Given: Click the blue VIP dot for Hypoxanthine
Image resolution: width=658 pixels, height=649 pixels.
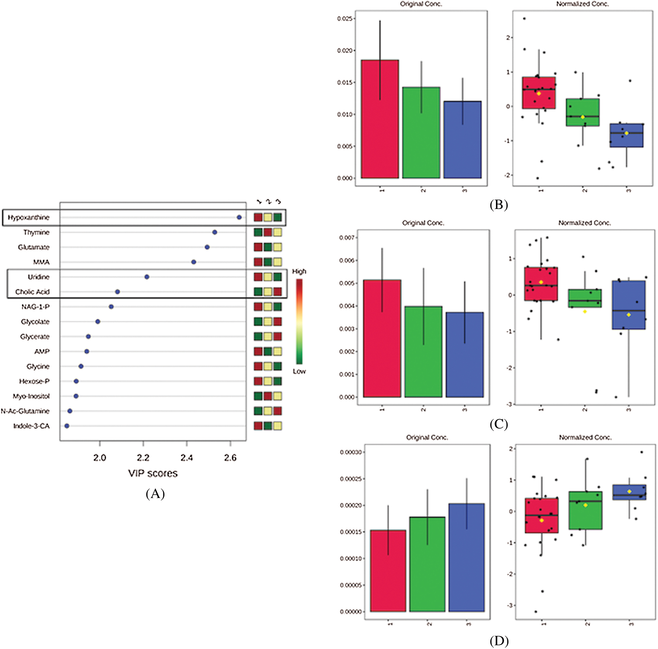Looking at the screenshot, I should click(x=239, y=217).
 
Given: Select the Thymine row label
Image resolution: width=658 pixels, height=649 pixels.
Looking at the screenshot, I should click(x=36, y=232).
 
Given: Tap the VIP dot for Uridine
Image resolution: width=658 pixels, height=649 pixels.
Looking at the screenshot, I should click(x=147, y=277).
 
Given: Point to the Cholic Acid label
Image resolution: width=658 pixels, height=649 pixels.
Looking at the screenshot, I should click(x=32, y=292).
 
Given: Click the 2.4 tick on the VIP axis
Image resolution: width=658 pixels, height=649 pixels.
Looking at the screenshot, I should click(x=187, y=458).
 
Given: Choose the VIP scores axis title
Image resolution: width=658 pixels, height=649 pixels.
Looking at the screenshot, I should click(x=153, y=473).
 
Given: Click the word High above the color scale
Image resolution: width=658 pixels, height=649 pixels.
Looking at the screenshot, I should click(x=299, y=271).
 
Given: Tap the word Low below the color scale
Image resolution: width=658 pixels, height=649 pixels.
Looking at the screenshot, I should click(x=299, y=371).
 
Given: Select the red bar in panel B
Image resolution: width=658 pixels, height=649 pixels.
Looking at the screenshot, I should click(x=380, y=119).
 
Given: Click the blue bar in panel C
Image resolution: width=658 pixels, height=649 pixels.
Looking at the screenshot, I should click(x=465, y=355).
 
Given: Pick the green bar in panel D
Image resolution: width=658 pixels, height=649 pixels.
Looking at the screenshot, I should click(x=427, y=564).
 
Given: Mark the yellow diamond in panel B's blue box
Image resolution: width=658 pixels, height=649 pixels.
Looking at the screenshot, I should click(x=627, y=133).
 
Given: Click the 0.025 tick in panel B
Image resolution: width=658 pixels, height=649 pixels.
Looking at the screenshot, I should click(x=345, y=18).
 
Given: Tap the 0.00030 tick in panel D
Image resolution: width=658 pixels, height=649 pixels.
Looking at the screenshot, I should click(x=350, y=452).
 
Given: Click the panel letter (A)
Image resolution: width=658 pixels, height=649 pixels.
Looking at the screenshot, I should click(x=155, y=494).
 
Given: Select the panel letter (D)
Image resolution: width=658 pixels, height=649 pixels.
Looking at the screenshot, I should click(x=499, y=641).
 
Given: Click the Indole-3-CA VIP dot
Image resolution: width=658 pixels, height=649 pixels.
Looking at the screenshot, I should click(x=67, y=426).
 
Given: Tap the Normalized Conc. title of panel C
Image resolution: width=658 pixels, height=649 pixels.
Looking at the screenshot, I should click(x=584, y=223).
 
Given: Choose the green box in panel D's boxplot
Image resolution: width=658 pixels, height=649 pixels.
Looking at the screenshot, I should click(x=585, y=510).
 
